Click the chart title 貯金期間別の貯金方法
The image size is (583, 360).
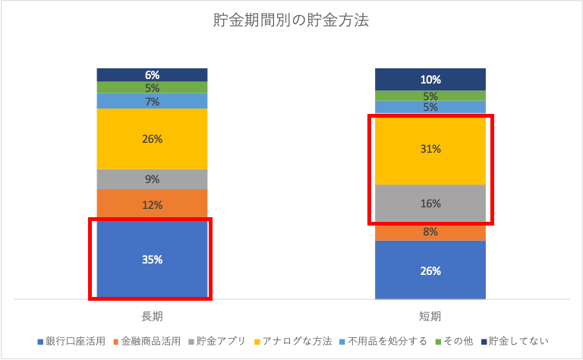(x=291, y=21)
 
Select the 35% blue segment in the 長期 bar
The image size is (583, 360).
(x=152, y=260)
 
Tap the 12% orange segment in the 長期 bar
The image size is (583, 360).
(x=152, y=204)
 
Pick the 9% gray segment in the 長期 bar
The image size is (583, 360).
(x=152, y=179)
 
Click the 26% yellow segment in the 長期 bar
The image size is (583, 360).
(x=152, y=139)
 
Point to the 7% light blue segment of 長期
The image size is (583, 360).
(x=152, y=101)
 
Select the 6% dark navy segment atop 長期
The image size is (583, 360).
(x=152, y=74)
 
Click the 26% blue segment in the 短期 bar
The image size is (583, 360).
(x=430, y=270)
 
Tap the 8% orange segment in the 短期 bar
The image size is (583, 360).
(x=430, y=232)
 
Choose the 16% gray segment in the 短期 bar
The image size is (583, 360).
(x=430, y=204)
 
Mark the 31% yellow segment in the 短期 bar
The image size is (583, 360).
(x=430, y=150)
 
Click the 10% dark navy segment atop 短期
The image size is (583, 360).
(x=430, y=79)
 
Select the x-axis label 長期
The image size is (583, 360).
(x=152, y=316)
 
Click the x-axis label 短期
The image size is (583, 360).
(x=430, y=316)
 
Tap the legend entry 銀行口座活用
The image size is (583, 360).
(x=75, y=341)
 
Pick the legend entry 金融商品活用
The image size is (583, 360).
(x=152, y=341)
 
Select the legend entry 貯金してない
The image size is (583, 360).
(x=518, y=341)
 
